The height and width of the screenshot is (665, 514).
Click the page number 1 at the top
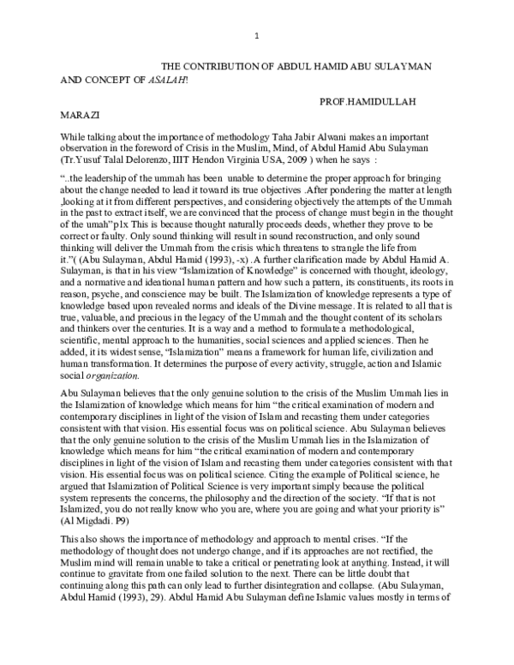click(257, 35)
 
